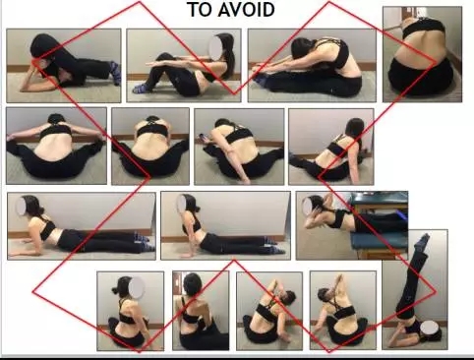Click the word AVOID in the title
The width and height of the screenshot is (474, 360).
(247, 10)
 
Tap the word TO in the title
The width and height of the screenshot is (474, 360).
(200, 10)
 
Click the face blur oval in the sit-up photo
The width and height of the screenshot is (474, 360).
(216, 47)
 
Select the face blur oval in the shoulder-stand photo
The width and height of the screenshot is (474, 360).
(430, 329)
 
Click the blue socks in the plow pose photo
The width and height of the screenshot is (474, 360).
(116, 72)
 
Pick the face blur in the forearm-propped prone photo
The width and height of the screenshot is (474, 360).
(22, 207)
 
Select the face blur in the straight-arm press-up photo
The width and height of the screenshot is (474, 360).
(181, 204)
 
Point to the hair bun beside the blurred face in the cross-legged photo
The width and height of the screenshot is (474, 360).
(115, 290)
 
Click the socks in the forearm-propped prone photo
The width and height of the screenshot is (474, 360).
(144, 242)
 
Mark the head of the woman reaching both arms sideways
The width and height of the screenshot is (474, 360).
(56, 118)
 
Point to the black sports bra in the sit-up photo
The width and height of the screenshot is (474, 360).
(209, 76)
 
